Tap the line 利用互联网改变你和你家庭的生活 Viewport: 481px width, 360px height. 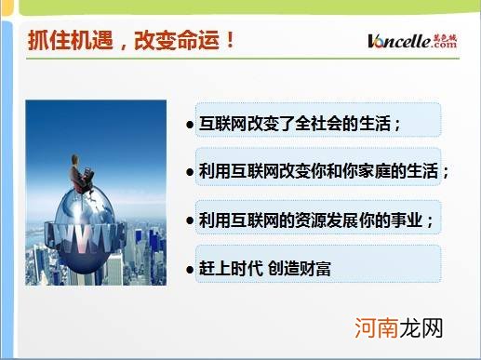tap(322, 172)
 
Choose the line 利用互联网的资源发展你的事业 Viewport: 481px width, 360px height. tap(316, 221)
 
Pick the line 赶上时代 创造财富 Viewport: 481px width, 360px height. tap(265, 270)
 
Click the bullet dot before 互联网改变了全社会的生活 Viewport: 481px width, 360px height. tap(190, 124)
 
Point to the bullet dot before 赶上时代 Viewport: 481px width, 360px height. tap(190, 271)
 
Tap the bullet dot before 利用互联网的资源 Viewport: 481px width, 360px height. tap(190, 222)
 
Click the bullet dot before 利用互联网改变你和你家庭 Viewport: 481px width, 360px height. tap(190, 173)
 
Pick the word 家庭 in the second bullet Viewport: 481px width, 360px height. tap(377, 172)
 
